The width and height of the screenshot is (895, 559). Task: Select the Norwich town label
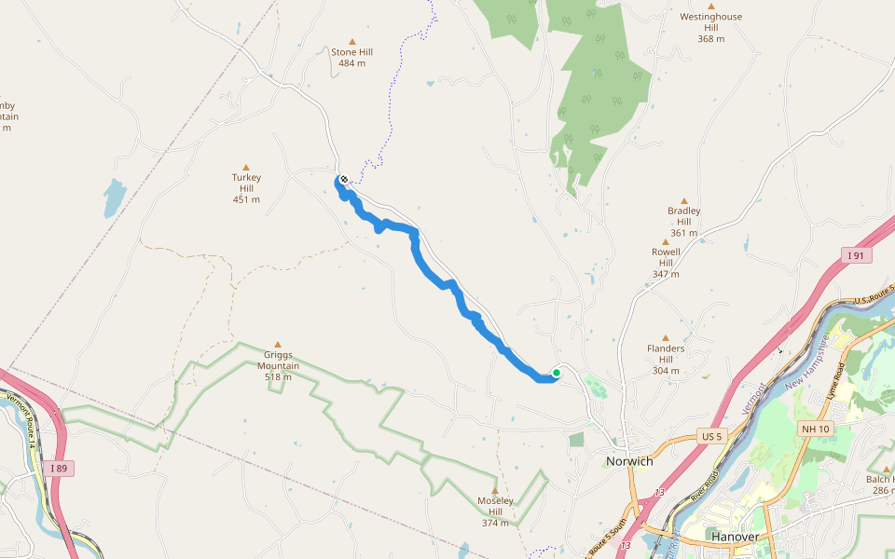point(629,461)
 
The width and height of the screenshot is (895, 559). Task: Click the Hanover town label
point(735,538)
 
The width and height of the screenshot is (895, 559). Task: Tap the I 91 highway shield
point(856,255)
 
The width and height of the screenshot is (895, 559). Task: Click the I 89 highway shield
point(60,468)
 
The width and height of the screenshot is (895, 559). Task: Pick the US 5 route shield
point(711,436)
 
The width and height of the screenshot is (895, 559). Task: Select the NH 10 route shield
point(813,428)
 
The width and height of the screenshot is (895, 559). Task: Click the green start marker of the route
point(557,373)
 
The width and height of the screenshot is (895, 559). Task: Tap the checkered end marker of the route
point(344,179)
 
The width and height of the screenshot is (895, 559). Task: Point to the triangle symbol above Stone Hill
point(352,41)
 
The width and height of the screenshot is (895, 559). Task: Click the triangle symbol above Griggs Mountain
point(277,344)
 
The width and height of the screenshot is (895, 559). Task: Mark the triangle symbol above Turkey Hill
point(246,168)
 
